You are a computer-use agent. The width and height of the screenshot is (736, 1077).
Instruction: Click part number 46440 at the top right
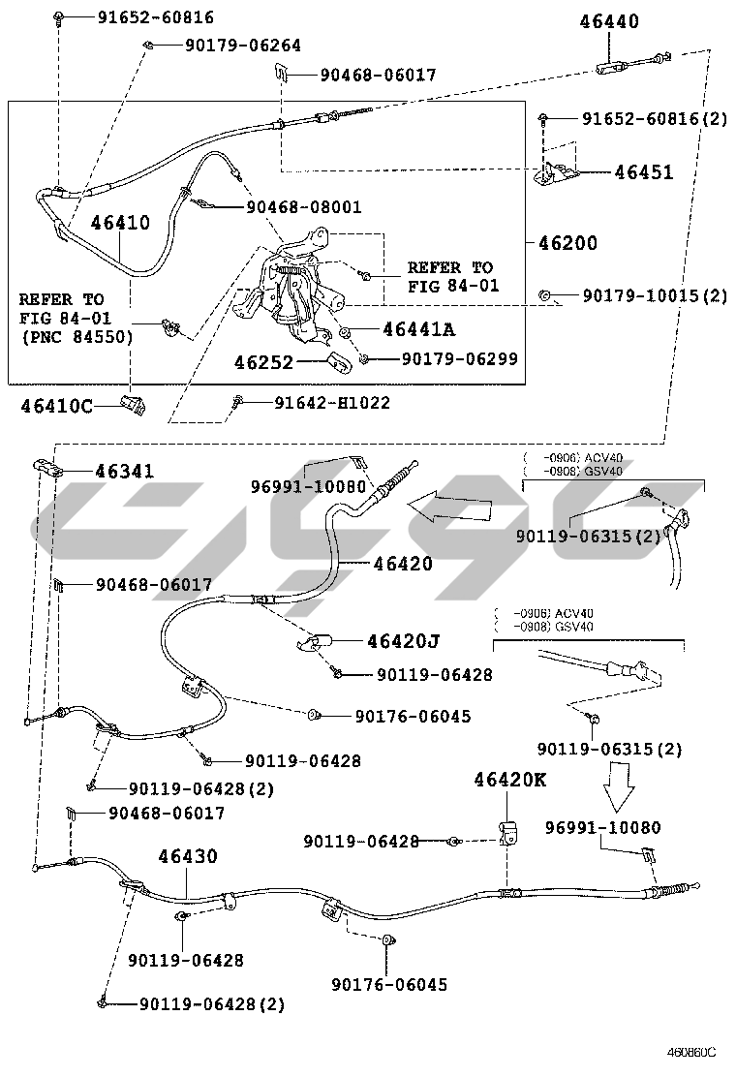coord(610,21)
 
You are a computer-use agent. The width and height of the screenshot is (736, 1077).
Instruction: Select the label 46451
coord(644,172)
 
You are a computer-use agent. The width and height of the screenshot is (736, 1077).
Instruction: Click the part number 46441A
coord(418,329)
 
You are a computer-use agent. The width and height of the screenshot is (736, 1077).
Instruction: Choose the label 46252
coord(263,361)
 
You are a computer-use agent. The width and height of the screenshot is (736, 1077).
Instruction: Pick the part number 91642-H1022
coord(332,402)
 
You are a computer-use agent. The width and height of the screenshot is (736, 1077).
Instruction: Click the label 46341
coord(124,472)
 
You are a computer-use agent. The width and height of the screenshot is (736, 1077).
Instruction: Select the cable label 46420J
coord(403,640)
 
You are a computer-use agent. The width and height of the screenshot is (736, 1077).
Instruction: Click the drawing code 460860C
coord(690,1053)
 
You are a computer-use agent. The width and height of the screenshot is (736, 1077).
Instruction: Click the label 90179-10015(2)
coord(654,295)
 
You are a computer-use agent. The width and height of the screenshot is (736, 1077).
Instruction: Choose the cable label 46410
coord(120,222)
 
